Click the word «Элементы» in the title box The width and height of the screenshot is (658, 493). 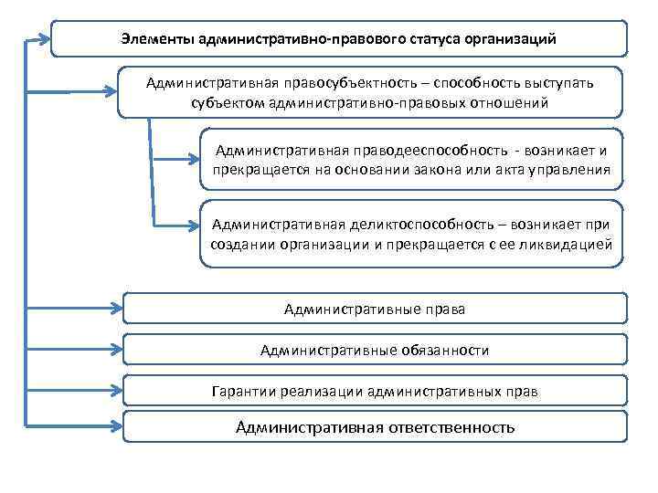click(x=155, y=39)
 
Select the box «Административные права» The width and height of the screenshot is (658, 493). click(x=375, y=309)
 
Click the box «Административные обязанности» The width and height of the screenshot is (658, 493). click(x=375, y=350)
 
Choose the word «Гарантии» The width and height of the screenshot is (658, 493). click(x=239, y=392)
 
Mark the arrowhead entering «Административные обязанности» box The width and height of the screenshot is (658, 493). click(x=115, y=350)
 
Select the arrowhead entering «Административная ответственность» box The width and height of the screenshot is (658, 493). click(x=115, y=426)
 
